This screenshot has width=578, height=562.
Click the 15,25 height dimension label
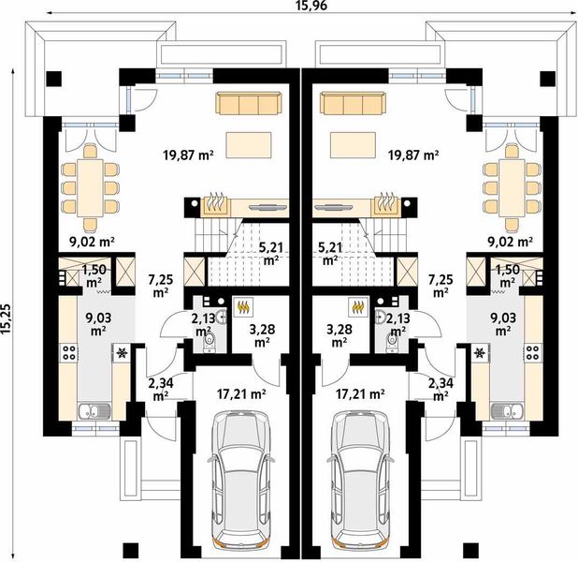click(7, 319)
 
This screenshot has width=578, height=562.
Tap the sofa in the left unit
click(249, 103)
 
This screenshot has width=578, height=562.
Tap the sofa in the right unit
click(354, 103)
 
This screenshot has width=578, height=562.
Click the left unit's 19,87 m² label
click(188, 155)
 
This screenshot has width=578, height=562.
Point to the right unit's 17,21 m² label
click(360, 394)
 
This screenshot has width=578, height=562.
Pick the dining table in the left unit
click(91, 188)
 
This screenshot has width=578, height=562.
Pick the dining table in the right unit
click(512, 188)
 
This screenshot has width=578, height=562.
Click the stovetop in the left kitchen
click(69, 352)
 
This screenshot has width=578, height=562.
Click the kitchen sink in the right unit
click(507, 410)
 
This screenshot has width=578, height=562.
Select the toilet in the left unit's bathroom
click(210, 342)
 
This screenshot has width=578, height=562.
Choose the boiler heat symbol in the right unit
click(357, 307)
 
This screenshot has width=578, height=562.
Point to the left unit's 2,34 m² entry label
click(161, 390)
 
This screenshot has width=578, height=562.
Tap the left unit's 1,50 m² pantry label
click(94, 275)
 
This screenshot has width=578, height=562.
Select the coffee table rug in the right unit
click(354, 145)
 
